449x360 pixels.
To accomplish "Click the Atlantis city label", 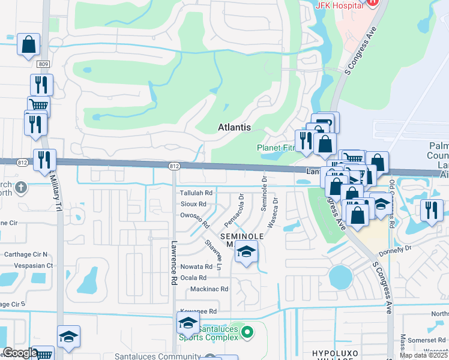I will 234,127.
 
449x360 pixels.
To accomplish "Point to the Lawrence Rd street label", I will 173,263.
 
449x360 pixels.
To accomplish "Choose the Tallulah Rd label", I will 196,193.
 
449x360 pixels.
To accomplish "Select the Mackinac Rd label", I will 209,289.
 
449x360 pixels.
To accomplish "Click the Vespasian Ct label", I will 29,265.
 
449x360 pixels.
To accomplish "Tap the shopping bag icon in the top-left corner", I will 28,44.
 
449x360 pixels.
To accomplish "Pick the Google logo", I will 20,353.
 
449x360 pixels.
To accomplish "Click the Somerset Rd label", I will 428,340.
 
